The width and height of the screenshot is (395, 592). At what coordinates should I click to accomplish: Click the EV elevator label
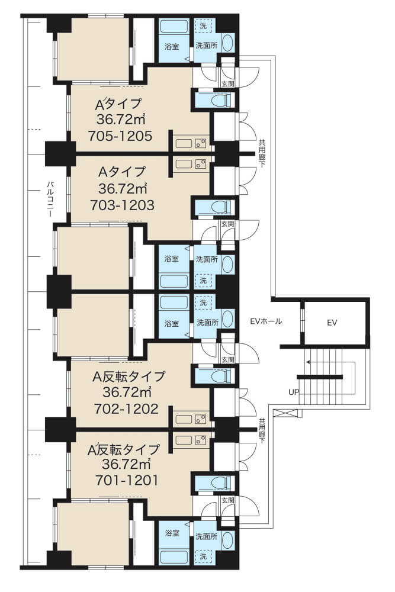332,323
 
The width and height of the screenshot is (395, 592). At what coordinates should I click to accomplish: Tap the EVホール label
266,321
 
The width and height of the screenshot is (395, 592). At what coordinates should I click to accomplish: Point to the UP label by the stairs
294,392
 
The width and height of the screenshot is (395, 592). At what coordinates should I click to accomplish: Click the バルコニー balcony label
50,200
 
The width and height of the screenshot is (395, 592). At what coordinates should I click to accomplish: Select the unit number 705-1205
120,136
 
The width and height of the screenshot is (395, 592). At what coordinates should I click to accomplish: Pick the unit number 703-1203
122,205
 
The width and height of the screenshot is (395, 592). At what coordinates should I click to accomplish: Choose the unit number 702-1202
126,408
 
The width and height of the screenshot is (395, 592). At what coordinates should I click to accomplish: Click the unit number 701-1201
126,480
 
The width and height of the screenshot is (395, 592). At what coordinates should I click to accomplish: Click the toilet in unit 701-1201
219,482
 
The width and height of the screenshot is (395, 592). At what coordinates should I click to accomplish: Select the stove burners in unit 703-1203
200,163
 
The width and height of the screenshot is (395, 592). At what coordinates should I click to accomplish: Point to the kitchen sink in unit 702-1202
184,419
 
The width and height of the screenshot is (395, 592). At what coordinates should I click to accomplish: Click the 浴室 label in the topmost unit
172,47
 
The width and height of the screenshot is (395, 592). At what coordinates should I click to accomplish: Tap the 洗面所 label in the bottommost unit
207,536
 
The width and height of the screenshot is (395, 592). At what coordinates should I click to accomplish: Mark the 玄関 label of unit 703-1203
228,224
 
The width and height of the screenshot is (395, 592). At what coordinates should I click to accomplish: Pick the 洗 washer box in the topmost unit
204,26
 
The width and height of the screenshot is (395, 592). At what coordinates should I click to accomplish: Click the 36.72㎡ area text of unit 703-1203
123,188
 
